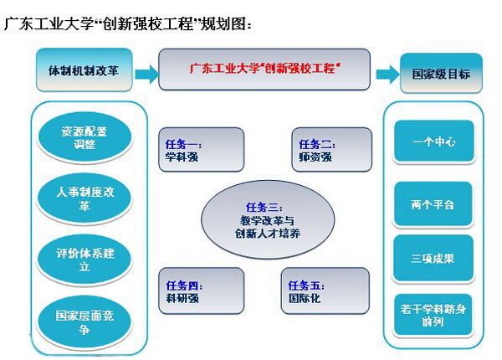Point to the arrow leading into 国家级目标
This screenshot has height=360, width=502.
click(x=387, y=74)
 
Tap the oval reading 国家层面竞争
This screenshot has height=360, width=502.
click(x=85, y=318)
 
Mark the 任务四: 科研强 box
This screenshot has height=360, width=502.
click(x=201, y=291)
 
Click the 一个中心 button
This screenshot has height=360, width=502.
click(x=433, y=142)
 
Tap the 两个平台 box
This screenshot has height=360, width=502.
click(x=433, y=203)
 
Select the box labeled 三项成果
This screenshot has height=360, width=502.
click(x=433, y=258)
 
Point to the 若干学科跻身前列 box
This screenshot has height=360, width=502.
click(x=433, y=316)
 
